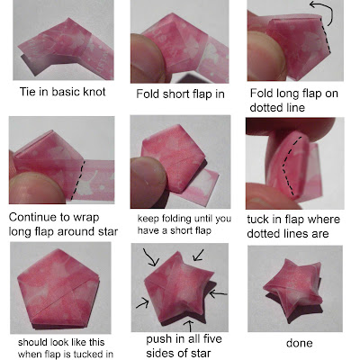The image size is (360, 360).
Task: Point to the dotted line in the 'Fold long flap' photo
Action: point(325,35)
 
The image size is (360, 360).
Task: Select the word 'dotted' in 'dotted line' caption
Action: point(265,107)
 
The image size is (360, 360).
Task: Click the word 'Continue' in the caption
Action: point(32,217)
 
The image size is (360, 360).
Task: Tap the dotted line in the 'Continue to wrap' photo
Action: point(78,179)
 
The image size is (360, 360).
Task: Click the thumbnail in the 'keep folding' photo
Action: point(148,176)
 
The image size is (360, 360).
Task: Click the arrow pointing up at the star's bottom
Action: point(189,326)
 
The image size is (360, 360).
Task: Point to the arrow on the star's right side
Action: point(218,293)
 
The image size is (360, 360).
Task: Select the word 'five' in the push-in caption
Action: point(211,339)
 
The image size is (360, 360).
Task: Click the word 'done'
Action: point(299,343)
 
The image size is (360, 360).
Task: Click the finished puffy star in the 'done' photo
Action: point(293,289)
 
